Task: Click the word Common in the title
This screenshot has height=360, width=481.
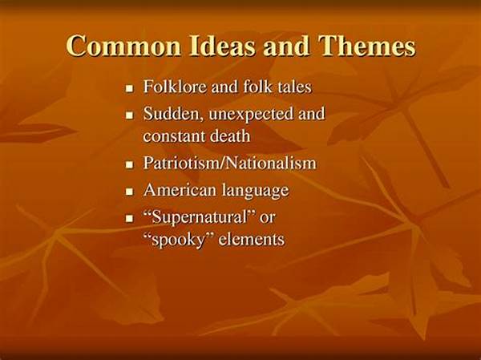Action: click(x=123, y=47)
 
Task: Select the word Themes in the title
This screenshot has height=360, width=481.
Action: click(x=367, y=46)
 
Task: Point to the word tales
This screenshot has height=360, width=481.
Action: click(x=294, y=87)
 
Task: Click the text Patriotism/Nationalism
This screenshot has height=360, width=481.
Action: click(x=229, y=163)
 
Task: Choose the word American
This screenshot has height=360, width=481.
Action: click(x=180, y=190)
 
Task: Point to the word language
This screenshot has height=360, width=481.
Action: click(x=255, y=191)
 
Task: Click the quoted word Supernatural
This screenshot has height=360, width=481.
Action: click(x=200, y=218)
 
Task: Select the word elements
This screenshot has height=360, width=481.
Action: click(x=251, y=240)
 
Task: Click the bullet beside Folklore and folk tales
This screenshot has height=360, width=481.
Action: click(x=130, y=89)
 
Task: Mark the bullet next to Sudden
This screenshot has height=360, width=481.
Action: click(x=130, y=115)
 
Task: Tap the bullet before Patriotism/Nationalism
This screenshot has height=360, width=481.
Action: click(x=130, y=165)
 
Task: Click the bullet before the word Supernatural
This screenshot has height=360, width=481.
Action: click(x=130, y=219)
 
